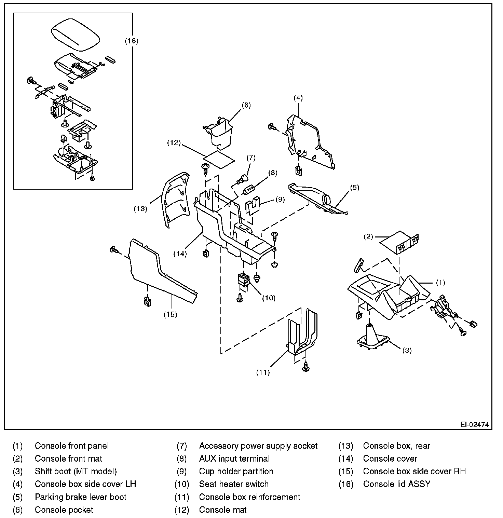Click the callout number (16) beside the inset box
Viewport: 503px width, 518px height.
[x=131, y=41]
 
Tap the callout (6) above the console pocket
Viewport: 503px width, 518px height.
[x=246, y=105]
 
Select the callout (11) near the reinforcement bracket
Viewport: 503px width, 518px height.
[x=263, y=372]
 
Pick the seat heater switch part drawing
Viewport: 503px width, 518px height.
[x=243, y=279]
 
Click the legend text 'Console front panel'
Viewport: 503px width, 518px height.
[x=72, y=446]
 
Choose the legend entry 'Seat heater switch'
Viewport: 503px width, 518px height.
[x=234, y=484]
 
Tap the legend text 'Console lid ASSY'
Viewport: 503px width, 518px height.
[x=397, y=484]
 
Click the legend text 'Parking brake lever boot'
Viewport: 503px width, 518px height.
[x=81, y=497]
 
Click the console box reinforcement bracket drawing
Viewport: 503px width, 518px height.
[x=302, y=333]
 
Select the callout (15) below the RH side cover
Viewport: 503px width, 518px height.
[x=170, y=314]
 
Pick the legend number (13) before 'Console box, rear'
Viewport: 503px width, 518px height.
[x=345, y=446]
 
